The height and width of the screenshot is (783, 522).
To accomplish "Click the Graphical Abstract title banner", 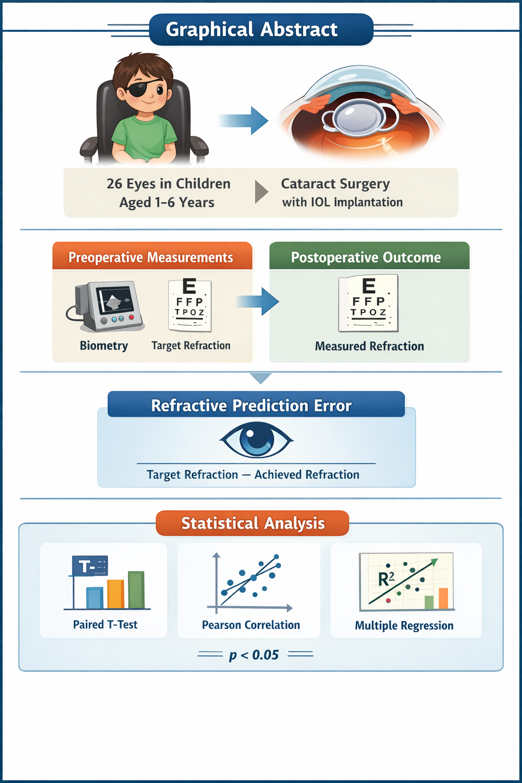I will pos(261,30).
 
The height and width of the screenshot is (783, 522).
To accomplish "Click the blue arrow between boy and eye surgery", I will pos(244,121).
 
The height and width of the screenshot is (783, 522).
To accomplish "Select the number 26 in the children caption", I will pos(114,184).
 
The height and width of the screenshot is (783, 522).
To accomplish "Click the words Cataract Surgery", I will pos(335,184).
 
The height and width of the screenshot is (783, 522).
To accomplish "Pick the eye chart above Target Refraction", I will pos(190,304).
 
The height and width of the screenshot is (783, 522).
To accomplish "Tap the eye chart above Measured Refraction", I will pos(369,303).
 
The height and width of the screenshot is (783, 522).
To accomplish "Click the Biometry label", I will pos(104,346).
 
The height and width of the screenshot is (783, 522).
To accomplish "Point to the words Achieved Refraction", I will pos(307,475).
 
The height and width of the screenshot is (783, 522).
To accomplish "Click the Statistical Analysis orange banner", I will pos(253,523).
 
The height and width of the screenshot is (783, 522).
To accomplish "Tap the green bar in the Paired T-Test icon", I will pos(136,590).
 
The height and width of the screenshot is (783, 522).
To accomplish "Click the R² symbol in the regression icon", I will pos(386,579).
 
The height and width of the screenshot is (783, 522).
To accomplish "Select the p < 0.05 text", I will pos(254,655).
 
